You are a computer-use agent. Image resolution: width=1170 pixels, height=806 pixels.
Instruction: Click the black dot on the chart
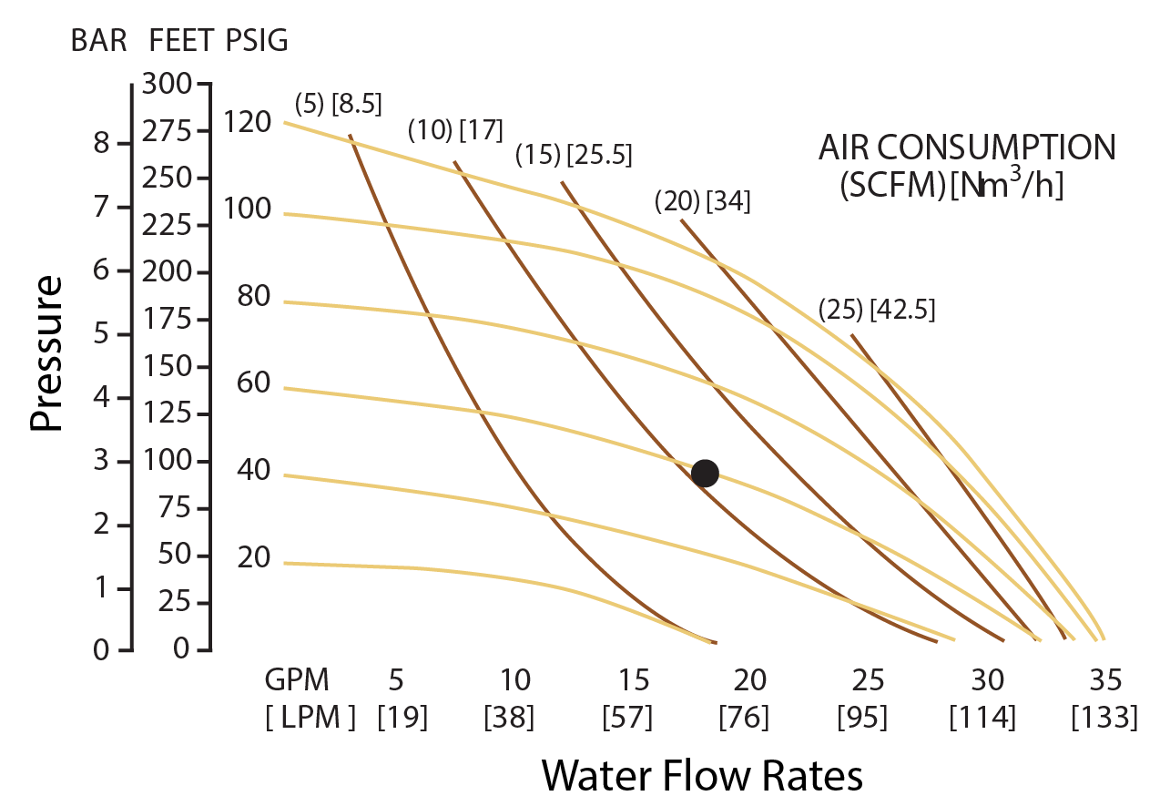705,474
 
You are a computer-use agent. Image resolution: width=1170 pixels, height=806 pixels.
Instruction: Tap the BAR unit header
98,41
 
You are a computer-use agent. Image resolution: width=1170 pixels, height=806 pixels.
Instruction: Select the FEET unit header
181,41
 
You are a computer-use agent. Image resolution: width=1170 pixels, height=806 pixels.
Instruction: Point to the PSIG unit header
257,41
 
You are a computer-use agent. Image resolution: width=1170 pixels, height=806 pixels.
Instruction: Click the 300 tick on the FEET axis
168,84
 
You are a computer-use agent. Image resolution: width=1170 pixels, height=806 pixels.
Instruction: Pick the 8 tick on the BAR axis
102,143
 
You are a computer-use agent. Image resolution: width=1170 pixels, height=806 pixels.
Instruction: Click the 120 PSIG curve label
248,122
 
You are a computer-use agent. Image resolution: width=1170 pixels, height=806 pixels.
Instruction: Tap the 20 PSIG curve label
254,556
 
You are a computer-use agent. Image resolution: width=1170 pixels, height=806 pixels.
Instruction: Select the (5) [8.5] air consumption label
339,104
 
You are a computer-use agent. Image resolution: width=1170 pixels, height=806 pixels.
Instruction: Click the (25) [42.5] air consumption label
877,310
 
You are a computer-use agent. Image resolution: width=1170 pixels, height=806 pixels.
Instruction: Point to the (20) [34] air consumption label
703,200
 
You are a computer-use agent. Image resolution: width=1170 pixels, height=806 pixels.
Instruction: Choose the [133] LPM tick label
1104,717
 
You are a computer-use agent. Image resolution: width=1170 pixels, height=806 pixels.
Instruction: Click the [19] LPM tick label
402,717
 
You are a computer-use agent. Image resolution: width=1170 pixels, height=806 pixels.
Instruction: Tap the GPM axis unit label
297,679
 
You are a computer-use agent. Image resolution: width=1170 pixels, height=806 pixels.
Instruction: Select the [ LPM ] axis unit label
310,717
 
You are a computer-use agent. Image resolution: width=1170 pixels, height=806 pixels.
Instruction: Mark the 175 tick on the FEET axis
168,319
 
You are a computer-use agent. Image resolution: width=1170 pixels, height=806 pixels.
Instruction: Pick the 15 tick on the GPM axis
634,679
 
